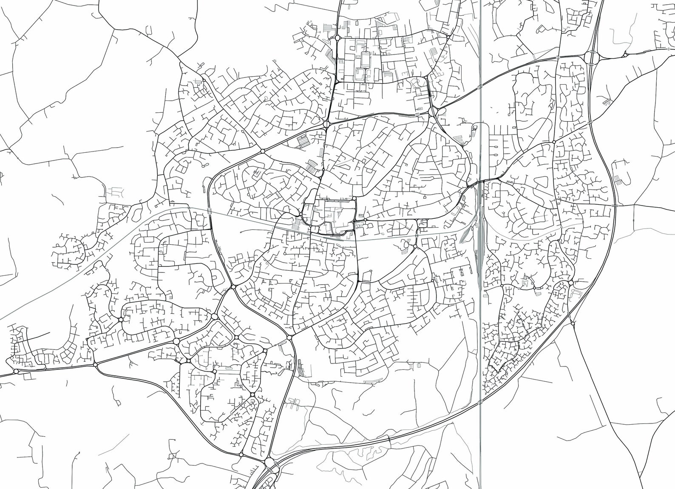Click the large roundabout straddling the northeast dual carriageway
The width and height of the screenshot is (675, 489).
pos(591,57)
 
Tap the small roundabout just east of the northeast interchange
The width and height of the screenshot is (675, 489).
pos(625,54)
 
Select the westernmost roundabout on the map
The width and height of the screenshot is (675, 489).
pos(16,371)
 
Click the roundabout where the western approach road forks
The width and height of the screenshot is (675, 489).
pos(95,365)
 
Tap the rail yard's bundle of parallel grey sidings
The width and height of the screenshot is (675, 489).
pos(479,238)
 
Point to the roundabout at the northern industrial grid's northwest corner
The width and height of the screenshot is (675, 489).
pos(337,38)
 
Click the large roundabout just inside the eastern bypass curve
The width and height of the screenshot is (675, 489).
pos(570,283)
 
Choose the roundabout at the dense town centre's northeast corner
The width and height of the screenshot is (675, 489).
pos(354,198)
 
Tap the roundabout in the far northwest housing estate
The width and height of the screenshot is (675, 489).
pos(204,80)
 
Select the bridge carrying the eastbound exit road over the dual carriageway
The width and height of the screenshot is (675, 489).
pos(615,205)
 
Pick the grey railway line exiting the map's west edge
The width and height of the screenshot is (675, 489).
pos(4,317)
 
